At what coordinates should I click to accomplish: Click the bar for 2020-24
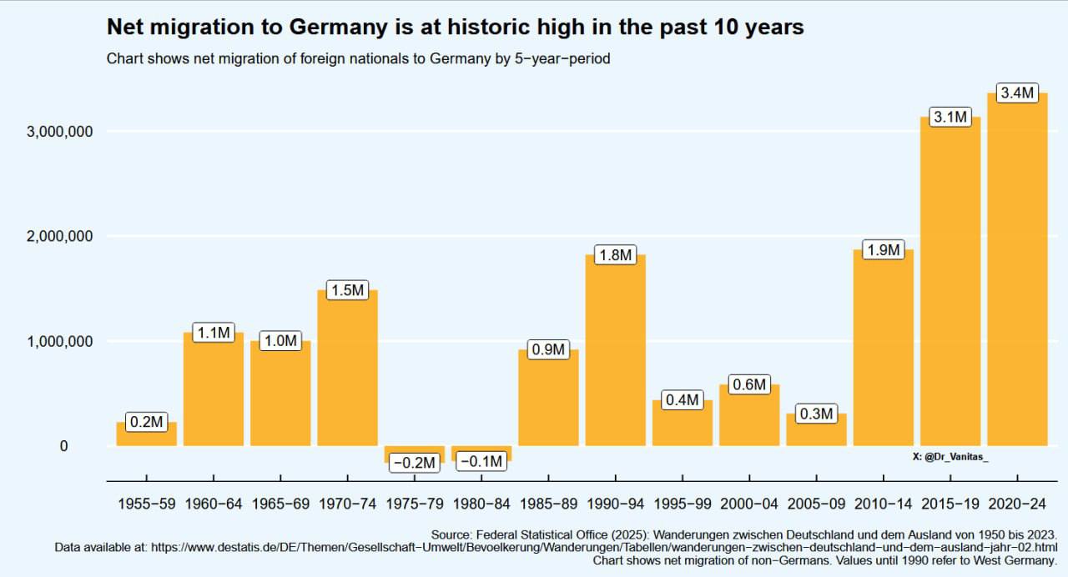click(x=1017, y=275)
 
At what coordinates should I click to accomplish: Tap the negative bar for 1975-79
click(x=415, y=451)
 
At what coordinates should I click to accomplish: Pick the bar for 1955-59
click(x=147, y=436)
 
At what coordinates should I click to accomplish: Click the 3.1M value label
click(x=950, y=118)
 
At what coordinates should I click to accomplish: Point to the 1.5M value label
click(x=347, y=290)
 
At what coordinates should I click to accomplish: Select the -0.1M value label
click(x=481, y=461)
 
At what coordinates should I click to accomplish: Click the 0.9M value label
click(x=548, y=349)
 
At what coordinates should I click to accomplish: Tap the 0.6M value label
click(x=748, y=384)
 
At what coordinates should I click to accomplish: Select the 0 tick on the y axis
click(x=63, y=446)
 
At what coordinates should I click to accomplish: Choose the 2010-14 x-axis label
click(x=883, y=504)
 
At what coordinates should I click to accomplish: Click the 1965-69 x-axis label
click(x=280, y=504)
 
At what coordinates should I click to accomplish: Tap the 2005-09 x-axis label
click(x=816, y=504)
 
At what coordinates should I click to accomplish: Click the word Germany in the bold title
click(x=337, y=28)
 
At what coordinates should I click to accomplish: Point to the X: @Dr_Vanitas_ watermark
click(x=950, y=457)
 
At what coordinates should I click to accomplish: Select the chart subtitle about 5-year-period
click(x=358, y=59)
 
